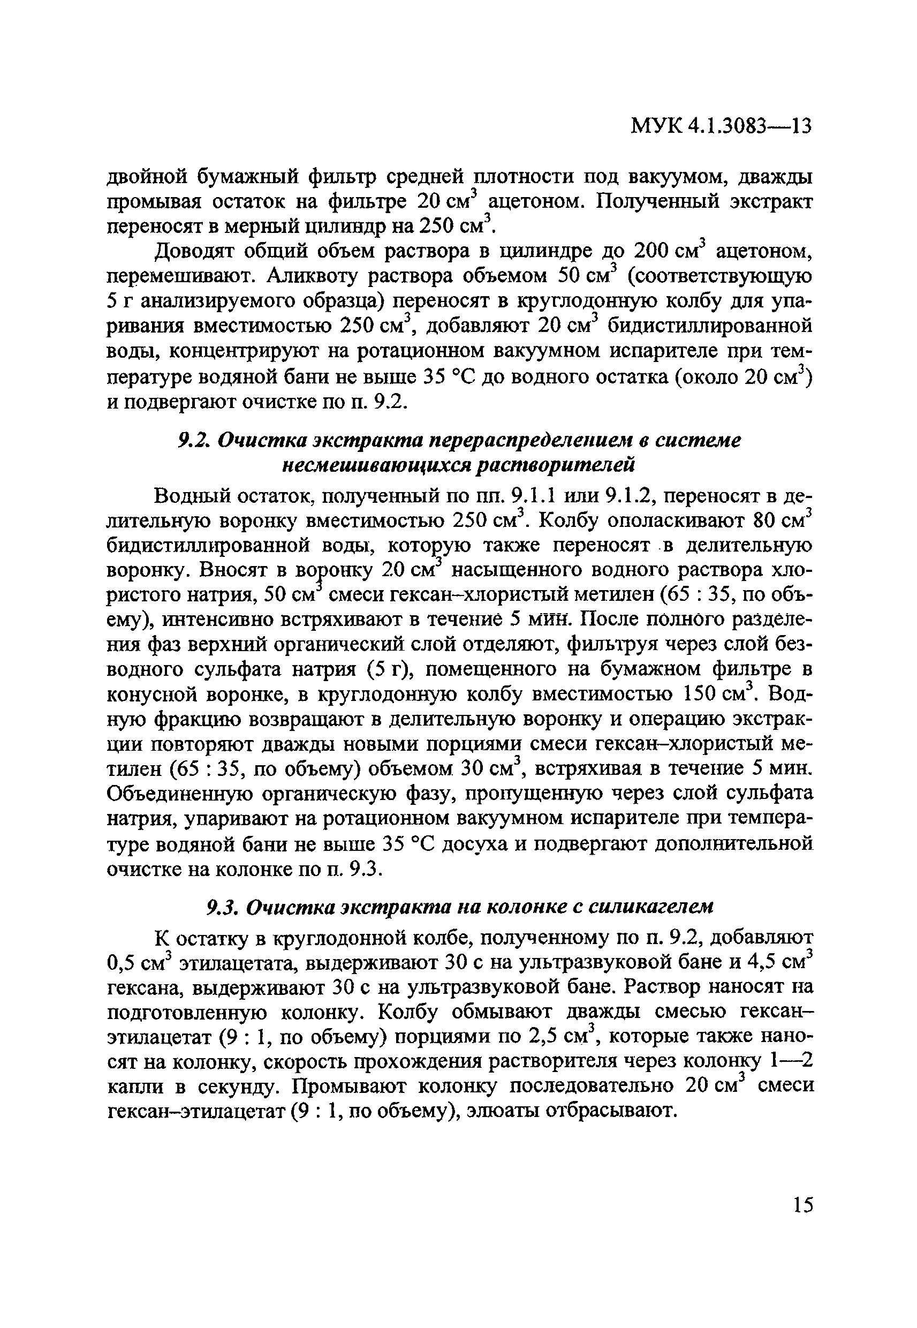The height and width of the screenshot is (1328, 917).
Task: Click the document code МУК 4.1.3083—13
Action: point(721,126)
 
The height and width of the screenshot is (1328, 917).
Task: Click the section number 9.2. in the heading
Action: point(193,441)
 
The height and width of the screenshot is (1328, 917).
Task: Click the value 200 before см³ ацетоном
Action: point(651,251)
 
